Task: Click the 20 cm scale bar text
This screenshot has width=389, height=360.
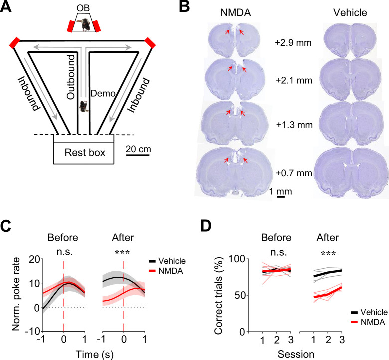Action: [138, 148]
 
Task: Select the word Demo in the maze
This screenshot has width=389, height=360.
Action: [97, 93]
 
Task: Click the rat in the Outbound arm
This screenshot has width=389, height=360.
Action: [83, 106]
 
